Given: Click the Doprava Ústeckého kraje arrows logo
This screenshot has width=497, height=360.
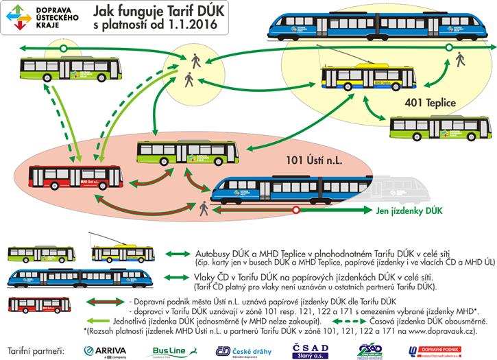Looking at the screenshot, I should point(20,15).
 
